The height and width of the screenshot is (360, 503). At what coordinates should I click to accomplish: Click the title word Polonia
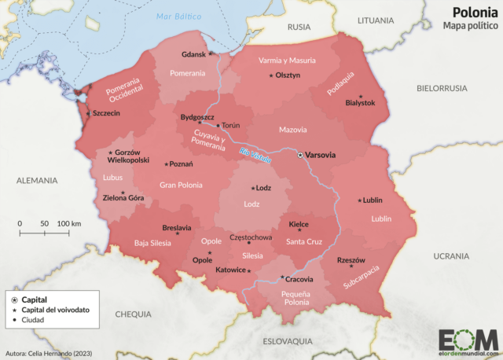point(473,12)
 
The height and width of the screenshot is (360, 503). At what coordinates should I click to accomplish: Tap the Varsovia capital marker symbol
point(299,156)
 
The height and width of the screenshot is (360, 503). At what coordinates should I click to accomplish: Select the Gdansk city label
point(193,54)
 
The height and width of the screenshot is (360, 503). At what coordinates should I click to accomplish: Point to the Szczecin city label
point(106,113)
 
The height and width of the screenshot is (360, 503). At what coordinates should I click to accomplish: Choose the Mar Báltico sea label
point(174,17)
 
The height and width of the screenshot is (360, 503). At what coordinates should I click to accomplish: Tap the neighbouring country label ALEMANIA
point(38,181)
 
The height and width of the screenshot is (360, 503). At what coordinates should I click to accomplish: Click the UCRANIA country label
point(450,256)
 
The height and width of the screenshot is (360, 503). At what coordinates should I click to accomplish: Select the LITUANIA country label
point(374,21)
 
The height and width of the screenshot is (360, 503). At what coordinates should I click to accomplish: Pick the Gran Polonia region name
point(181,185)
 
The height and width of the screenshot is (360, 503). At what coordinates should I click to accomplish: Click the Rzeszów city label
point(351,259)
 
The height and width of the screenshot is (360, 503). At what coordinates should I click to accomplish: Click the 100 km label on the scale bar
point(69,224)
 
